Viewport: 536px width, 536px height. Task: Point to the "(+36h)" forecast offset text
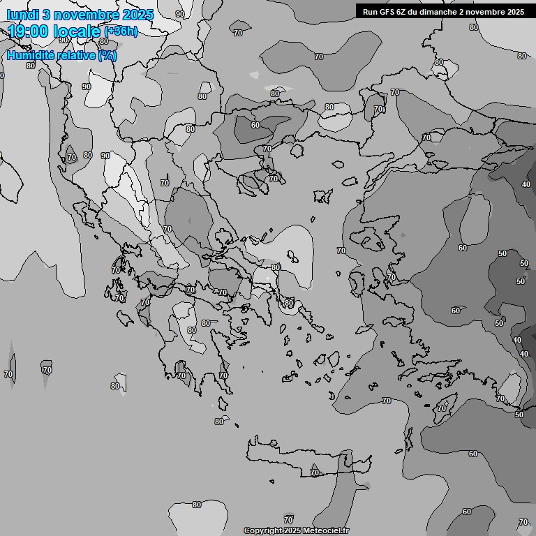point(121,31)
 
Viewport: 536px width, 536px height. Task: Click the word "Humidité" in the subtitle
point(31,55)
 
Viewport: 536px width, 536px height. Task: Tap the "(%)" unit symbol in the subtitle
point(107,55)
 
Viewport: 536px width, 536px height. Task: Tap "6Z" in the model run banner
point(401,12)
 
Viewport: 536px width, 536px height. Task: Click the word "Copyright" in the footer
point(262,531)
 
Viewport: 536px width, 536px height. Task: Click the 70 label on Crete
point(315,473)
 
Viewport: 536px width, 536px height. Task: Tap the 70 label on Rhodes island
point(442,408)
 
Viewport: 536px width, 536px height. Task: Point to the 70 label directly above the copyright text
point(288,520)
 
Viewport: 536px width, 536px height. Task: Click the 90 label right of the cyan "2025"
point(180,14)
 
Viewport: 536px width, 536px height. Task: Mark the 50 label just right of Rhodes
point(519,415)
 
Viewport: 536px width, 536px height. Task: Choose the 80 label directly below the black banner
point(474,27)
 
